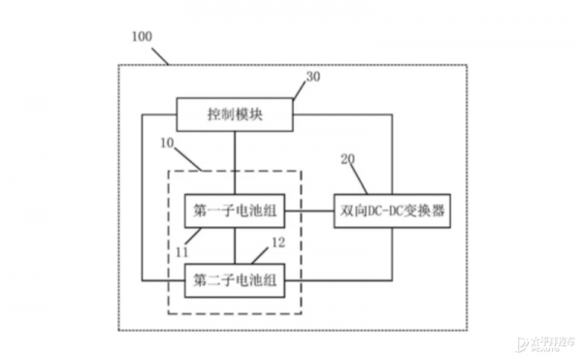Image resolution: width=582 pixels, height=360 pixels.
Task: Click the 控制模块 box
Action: [x=235, y=115]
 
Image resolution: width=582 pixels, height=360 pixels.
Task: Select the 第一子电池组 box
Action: [x=235, y=209]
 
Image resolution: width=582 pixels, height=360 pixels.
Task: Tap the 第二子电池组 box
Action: [x=235, y=280]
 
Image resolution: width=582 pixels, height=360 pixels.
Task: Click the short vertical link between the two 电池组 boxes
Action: [x=235, y=245]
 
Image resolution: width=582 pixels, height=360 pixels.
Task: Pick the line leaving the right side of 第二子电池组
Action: [x=339, y=280]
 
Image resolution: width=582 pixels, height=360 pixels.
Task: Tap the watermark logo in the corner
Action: [x=548, y=342]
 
